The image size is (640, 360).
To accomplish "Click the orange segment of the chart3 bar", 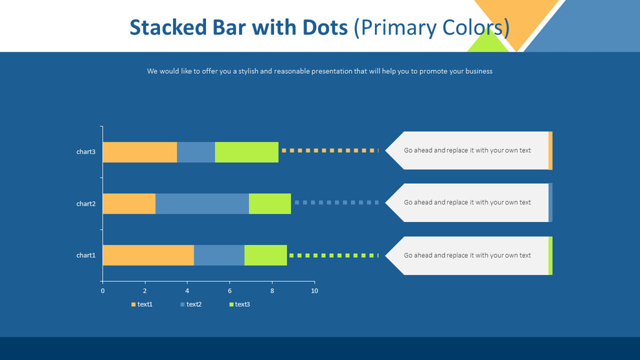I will (140, 152).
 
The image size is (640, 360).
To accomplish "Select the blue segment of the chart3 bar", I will (196, 152).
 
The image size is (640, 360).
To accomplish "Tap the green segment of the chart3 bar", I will (247, 152).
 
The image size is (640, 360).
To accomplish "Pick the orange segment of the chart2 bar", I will (129, 204).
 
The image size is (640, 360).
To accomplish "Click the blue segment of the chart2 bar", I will (202, 204).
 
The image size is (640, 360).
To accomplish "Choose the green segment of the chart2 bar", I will (270, 204).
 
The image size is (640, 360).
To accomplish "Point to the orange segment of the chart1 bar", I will (148, 255).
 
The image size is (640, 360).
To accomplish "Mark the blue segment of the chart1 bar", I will (219, 255).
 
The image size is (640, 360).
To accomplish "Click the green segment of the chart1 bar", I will (266, 255).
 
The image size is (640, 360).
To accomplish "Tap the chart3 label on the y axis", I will (86, 152).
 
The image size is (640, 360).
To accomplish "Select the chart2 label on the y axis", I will (86, 204).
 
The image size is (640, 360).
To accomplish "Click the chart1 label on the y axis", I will (86, 255).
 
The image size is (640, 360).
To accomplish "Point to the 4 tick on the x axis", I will (187, 291).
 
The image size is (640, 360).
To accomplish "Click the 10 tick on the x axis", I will (314, 291).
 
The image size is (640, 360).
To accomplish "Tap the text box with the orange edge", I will (468, 150).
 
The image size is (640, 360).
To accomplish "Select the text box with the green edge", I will (468, 255).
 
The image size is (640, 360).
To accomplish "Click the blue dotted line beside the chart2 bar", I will (336, 203).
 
